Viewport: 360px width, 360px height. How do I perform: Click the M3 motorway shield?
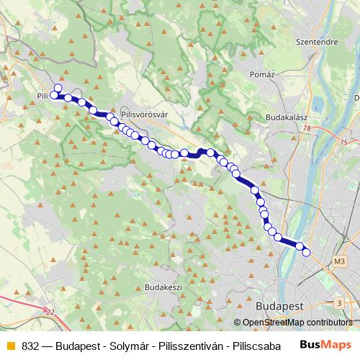click(x=341, y=259)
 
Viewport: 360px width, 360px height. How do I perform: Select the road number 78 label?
click(x=307, y=128)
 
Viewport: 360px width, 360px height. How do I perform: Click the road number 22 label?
click(x=49, y=311)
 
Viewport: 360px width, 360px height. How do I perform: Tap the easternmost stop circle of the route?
click(x=306, y=252)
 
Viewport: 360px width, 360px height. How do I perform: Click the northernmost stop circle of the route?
click(x=58, y=88)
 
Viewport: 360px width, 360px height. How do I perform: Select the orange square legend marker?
click(x=9, y=345)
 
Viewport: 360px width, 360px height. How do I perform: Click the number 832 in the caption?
click(x=30, y=345)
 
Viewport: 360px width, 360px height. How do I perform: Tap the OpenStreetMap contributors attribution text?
click(x=297, y=323)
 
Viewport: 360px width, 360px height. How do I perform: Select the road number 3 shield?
click(x=339, y=303)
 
